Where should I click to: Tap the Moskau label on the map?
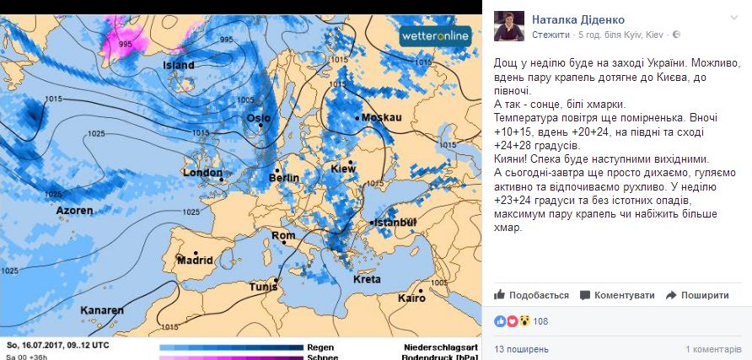381,117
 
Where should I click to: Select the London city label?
202,173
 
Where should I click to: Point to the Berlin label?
283,179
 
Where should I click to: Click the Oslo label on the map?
258,119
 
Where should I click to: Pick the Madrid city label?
195,261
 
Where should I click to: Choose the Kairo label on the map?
412,298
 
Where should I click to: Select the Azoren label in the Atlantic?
74,211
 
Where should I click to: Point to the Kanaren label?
102,310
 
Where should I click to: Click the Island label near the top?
179,65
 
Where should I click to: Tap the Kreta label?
367,279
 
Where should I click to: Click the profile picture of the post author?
509,26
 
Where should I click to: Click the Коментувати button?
617,295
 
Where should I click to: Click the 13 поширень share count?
521,348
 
